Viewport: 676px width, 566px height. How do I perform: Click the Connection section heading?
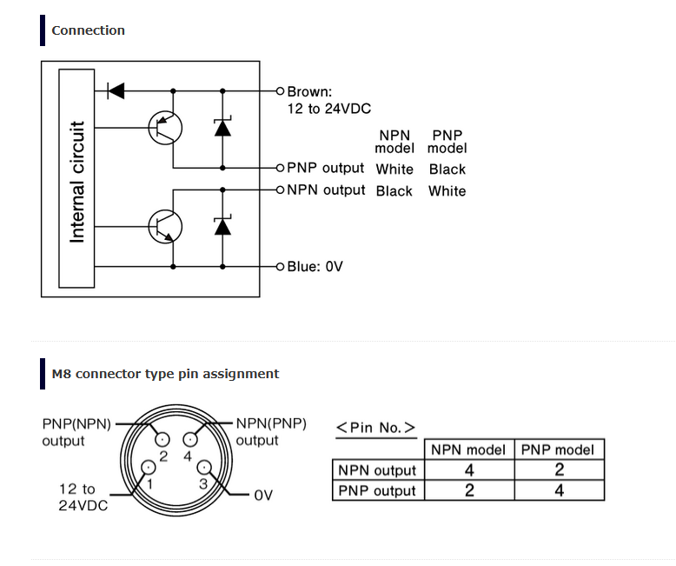pos(88,30)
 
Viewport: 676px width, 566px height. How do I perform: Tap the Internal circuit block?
pos(76,178)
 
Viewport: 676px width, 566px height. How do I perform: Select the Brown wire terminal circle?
pos(281,91)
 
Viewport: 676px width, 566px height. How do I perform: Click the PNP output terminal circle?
pos(281,168)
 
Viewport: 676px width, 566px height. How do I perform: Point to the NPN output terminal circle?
pos(281,190)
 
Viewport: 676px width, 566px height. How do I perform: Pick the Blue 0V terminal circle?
pos(281,267)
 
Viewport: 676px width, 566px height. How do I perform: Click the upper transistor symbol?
pos(165,128)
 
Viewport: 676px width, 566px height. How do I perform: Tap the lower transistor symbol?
pos(165,226)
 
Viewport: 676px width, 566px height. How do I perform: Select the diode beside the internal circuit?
pos(116,91)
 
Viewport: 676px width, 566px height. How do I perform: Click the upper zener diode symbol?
pos(222,126)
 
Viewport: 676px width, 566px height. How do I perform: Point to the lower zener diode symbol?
pos(222,225)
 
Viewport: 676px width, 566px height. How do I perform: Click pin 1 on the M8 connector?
pos(149,467)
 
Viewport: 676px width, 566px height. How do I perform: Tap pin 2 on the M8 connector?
pos(162,440)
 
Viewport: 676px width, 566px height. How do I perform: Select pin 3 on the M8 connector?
pos(204,467)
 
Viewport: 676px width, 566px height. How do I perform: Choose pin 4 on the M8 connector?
pos(190,440)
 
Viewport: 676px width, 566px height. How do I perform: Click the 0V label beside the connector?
pos(263,496)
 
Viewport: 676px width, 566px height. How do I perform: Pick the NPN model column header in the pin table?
pos(468,450)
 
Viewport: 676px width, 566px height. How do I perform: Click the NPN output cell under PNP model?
pos(560,469)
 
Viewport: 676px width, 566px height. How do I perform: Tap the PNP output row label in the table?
pos(377,490)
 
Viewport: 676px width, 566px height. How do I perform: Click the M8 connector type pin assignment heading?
pos(165,374)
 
